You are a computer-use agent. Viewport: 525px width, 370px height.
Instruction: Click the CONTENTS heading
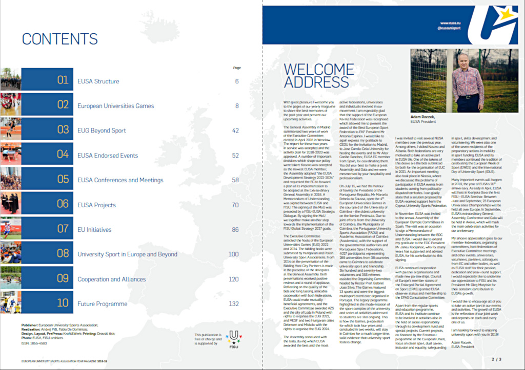coord(59,39)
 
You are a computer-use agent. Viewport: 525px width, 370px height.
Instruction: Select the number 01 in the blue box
coord(63,80)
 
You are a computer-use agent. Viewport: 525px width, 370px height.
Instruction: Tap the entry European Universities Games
coord(115,106)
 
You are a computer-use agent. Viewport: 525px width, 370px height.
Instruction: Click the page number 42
coord(235,130)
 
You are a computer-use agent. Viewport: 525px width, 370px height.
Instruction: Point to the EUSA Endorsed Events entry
coord(108,155)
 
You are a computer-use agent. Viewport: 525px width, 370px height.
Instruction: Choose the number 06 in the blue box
coord(63,204)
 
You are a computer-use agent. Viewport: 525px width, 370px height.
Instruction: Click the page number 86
coord(235,229)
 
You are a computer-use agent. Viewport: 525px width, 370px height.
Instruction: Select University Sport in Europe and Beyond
coord(127,254)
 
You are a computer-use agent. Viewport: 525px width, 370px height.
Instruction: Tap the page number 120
coord(234,279)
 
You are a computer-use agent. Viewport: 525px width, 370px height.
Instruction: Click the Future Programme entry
coord(102,304)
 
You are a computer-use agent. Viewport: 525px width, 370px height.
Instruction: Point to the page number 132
coord(234,303)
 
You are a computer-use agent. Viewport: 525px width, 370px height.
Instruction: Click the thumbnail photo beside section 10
coord(10,303)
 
